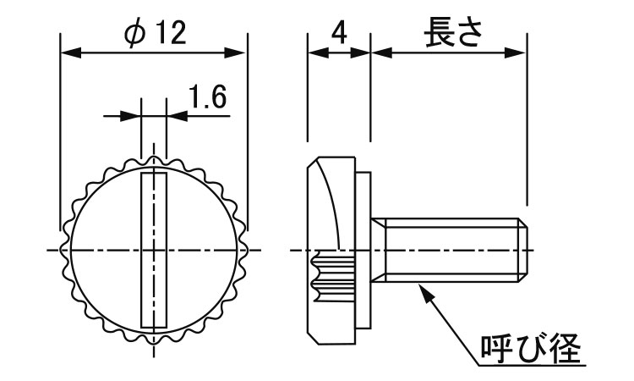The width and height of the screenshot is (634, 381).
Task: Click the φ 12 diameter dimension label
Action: [156, 33]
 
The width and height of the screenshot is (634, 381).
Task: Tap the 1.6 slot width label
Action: [207, 97]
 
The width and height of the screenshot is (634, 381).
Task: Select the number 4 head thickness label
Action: [339, 33]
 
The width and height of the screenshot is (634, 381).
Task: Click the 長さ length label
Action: [452, 32]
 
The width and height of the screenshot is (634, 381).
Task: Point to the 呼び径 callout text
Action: [531, 349]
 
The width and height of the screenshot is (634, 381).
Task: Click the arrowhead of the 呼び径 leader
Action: [424, 292]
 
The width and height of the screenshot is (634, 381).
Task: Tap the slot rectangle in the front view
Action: [154, 250]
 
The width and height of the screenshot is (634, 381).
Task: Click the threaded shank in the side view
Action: [450, 251]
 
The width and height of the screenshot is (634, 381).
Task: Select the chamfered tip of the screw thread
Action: [523, 251]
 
